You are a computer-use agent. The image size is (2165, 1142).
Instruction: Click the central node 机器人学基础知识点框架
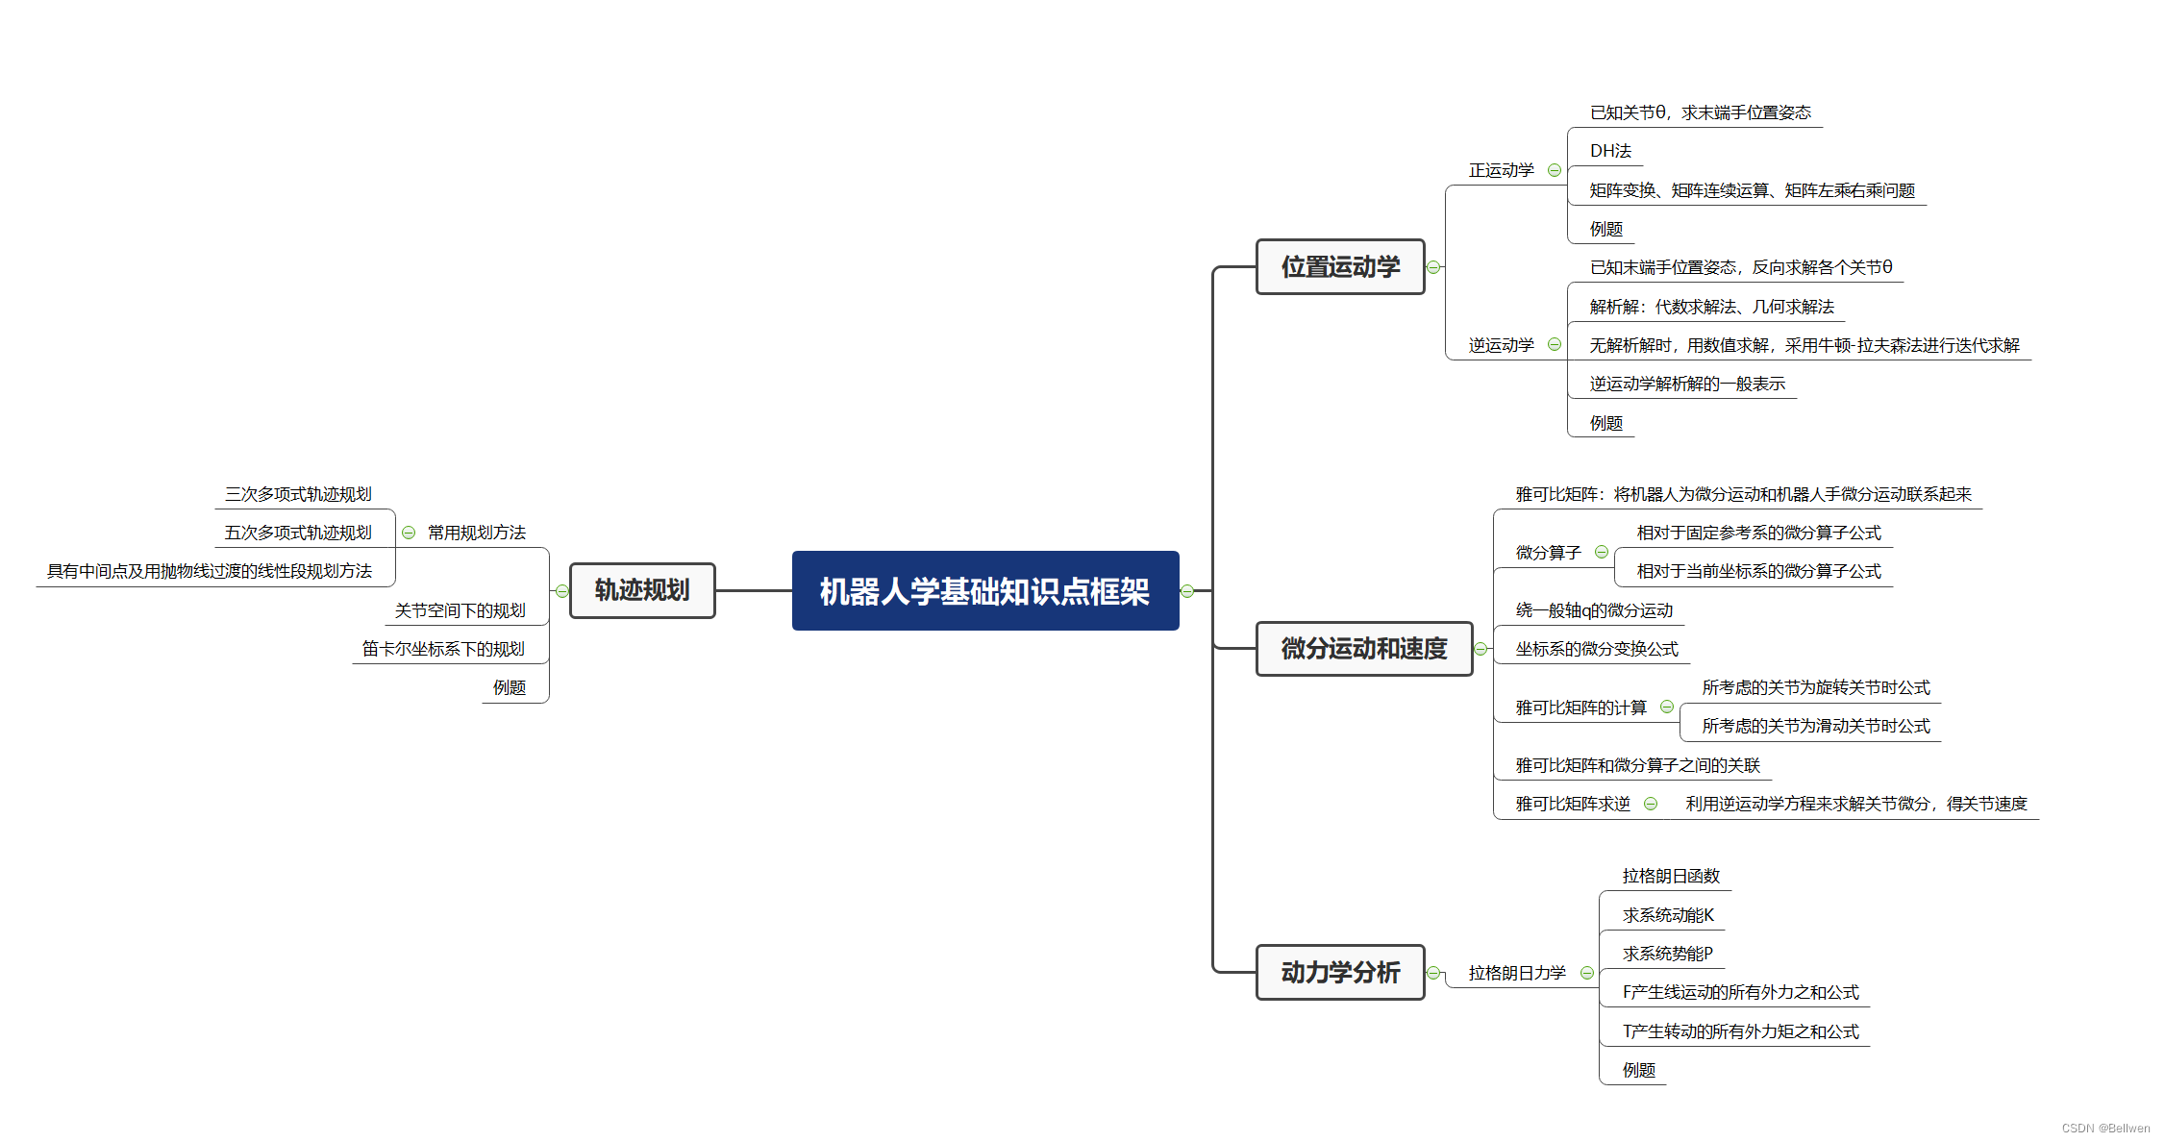(984, 591)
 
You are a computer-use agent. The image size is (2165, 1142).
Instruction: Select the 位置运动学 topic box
(1339, 266)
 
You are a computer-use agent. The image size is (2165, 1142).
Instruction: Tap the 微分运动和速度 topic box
(1363, 649)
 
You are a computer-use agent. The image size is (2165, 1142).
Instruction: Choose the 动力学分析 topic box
(1339, 972)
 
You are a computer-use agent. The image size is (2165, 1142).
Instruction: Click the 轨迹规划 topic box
(641, 590)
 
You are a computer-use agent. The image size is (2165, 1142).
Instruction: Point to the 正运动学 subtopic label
(1501, 170)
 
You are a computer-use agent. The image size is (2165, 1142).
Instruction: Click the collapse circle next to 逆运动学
(1555, 344)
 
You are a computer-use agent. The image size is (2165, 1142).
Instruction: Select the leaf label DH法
(1610, 151)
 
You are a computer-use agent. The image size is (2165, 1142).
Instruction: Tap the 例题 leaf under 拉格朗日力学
(1638, 1070)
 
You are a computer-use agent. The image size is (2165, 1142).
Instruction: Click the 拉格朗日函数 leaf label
(1671, 876)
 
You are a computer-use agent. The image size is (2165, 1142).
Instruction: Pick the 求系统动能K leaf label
(1668, 915)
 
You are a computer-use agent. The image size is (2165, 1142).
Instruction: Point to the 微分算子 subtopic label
(1548, 553)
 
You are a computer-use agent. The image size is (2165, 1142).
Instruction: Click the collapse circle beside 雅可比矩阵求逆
(1651, 804)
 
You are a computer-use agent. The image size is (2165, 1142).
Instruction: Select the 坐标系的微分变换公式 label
(1597, 649)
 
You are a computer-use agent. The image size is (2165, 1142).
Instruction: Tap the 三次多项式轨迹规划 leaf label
(298, 494)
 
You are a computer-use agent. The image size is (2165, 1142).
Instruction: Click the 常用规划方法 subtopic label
(477, 533)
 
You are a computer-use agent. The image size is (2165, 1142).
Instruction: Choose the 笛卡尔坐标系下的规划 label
(443, 649)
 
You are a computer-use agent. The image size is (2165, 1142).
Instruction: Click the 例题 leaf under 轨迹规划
(510, 687)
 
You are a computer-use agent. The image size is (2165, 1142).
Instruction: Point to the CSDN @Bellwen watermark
(2105, 1129)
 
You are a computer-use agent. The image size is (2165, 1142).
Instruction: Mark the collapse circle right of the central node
(1187, 591)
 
